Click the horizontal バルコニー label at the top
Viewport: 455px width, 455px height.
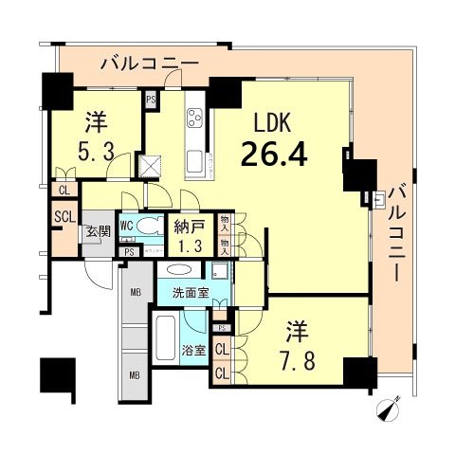click(x=152, y=64)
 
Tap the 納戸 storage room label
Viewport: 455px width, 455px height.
click(x=187, y=227)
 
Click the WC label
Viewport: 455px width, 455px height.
click(x=127, y=214)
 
